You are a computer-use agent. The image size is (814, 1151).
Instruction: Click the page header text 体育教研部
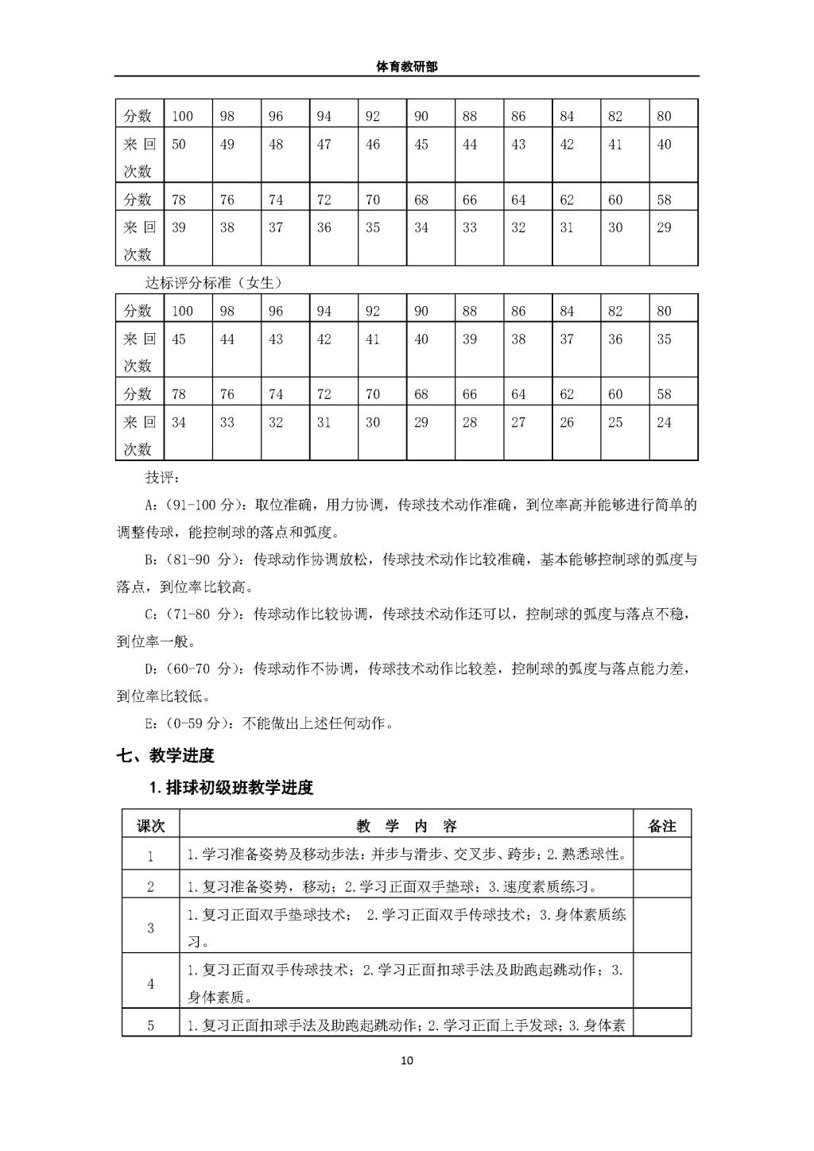click(406, 68)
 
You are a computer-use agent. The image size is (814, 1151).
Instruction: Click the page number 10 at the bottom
click(407, 1060)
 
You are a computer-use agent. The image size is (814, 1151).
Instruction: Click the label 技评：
click(162, 478)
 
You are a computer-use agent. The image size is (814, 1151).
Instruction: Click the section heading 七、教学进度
click(166, 756)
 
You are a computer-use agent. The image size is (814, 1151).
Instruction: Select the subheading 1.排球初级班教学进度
click(231, 788)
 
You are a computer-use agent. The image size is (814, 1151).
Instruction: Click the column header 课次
click(150, 826)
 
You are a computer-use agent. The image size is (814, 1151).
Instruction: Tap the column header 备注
click(662, 826)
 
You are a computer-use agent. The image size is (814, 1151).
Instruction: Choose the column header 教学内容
click(406, 826)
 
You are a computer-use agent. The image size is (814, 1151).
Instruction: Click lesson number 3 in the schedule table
click(150, 928)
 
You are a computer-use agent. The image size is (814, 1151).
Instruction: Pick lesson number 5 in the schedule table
click(150, 1025)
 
